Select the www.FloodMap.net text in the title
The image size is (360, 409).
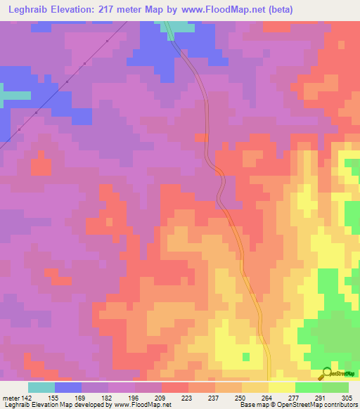pyautogui.click(x=219, y=9)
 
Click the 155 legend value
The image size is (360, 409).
pyautogui.click(x=55, y=398)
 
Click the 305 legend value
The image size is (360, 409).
pyautogui.click(x=347, y=398)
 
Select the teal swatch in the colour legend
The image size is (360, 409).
pyautogui.click(x=41, y=387)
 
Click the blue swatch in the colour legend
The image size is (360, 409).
pyautogui.click(x=68, y=387)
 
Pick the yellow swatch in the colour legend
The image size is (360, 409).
pyautogui.click(x=282, y=387)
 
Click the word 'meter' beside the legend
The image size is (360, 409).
pyautogui.click(x=10, y=398)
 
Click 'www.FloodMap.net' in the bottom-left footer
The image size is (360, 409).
pyautogui.click(x=144, y=405)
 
